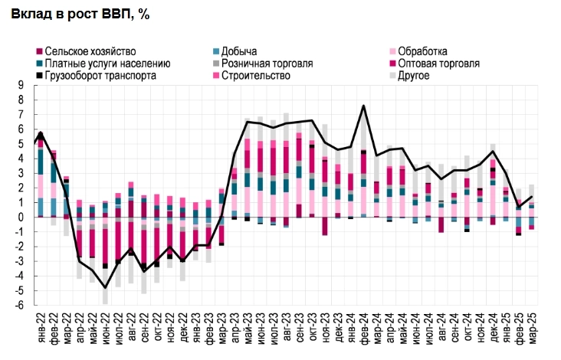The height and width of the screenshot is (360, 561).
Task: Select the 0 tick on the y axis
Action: pyautogui.click(x=21, y=218)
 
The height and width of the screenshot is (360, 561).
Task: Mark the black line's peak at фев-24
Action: pyautogui.click(x=363, y=105)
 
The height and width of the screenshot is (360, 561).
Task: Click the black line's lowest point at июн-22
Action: pyautogui.click(x=105, y=287)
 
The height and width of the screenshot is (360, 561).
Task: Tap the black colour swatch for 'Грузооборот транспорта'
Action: pyautogui.click(x=39, y=76)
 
